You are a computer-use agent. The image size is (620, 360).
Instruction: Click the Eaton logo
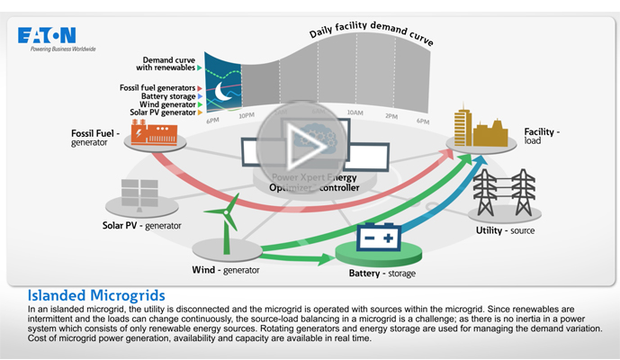click(x=47, y=35)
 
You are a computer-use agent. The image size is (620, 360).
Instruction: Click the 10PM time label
click(x=247, y=116)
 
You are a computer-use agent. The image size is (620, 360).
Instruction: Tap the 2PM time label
click(x=391, y=116)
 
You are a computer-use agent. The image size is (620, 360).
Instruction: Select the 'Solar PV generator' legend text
click(x=162, y=112)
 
